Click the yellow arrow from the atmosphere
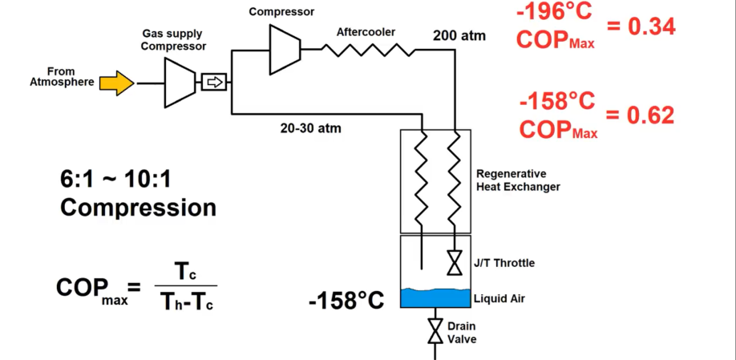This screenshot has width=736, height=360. [117, 83]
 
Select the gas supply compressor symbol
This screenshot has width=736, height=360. [180, 83]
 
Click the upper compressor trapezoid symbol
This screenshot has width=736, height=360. [285, 49]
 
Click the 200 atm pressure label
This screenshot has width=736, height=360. [459, 35]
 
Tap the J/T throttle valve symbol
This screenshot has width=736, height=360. [455, 262]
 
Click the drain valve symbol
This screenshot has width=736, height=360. [436, 331]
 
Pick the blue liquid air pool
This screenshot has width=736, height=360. [435, 298]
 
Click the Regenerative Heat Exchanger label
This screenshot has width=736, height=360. [518, 180]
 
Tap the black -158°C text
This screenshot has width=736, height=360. [346, 301]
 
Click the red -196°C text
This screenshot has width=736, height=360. [554, 11]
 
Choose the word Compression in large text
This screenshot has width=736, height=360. [139, 208]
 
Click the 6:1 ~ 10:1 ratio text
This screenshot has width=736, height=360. [115, 180]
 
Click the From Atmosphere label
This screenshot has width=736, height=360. [62, 77]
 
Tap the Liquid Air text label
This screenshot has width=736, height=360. [499, 298]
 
